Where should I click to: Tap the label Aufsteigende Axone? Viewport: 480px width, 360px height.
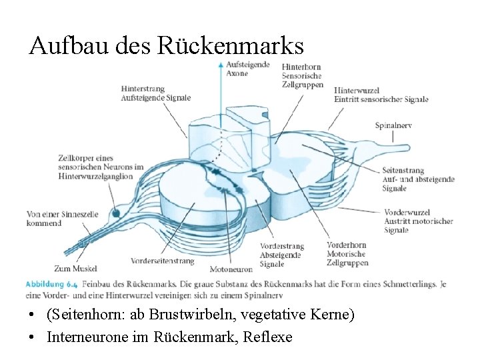click(x=247, y=69)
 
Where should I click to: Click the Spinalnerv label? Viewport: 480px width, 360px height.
click(x=393, y=125)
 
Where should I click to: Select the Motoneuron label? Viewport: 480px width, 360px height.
click(x=231, y=269)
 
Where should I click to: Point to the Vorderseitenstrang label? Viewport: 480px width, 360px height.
click(x=163, y=261)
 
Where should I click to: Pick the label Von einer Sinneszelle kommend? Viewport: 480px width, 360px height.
click(x=53, y=219)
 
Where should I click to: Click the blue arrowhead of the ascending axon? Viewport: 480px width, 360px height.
click(x=221, y=65)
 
